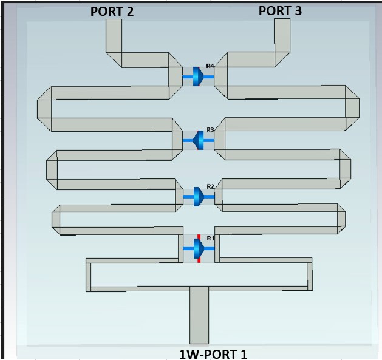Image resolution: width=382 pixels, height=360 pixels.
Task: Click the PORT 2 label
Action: click(x=112, y=12)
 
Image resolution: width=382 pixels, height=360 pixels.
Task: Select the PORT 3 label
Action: click(x=280, y=11)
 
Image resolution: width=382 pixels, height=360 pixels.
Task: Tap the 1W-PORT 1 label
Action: click(x=213, y=354)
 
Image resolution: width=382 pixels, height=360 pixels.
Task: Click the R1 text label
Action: click(x=210, y=238)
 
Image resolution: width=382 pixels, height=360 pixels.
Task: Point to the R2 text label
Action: click(x=210, y=186)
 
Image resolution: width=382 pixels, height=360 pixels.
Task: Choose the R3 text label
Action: click(x=210, y=130)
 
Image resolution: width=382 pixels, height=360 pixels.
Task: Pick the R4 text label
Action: click(x=210, y=66)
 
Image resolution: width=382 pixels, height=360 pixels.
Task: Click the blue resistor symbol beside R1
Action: click(x=199, y=248)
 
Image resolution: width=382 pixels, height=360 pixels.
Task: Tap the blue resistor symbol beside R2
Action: click(x=199, y=197)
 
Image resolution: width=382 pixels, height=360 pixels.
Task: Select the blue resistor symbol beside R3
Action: click(x=199, y=140)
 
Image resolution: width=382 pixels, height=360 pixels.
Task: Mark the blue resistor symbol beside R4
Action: click(x=199, y=76)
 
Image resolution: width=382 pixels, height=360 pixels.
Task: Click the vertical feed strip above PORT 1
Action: click(x=199, y=315)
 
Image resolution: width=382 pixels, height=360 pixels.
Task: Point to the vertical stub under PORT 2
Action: click(x=114, y=36)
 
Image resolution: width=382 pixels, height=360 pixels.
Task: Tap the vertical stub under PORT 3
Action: click(x=282, y=35)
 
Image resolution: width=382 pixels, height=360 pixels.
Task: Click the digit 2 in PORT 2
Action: click(x=130, y=12)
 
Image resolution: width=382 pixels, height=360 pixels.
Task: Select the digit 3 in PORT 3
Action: click(x=298, y=11)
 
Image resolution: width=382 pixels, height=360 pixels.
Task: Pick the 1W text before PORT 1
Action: click(x=188, y=354)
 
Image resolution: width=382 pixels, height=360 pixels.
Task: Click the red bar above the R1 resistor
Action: click(x=199, y=237)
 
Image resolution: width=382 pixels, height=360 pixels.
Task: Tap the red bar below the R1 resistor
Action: click(x=199, y=260)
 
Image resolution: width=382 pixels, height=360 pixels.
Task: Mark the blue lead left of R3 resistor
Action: click(x=188, y=141)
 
